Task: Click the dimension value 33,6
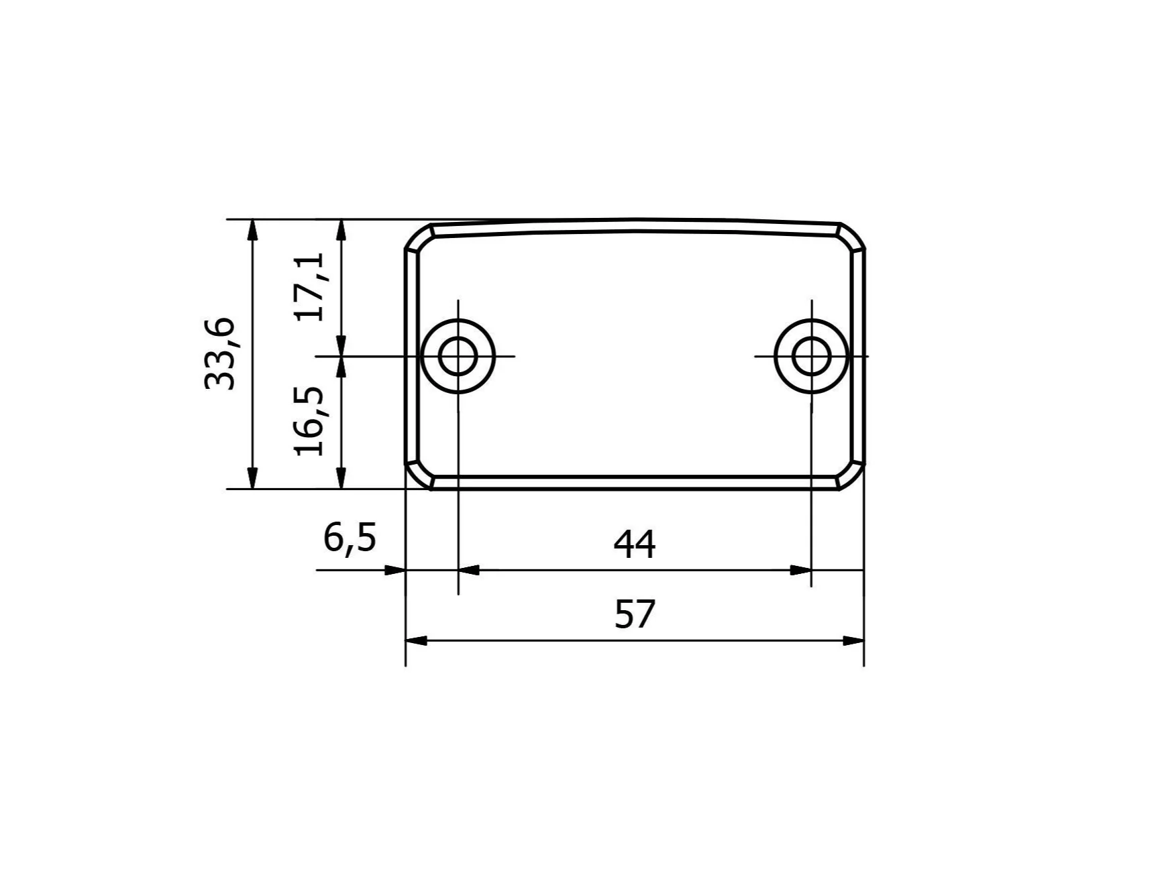[221, 353]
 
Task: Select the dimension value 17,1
[310, 286]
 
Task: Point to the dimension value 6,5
[350, 538]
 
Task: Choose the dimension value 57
[635, 614]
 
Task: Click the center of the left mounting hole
[458, 356]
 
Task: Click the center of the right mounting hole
[811, 356]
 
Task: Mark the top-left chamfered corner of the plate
[419, 236]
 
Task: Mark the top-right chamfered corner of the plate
[851, 236]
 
